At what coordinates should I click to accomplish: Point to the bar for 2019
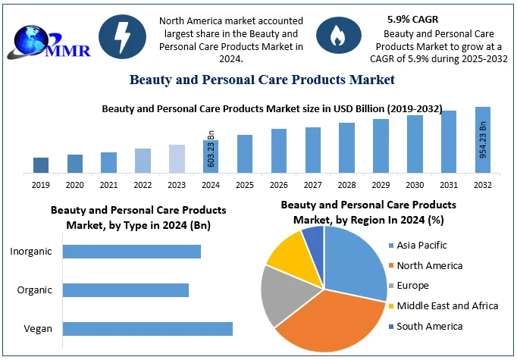41,164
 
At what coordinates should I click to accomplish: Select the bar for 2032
483,139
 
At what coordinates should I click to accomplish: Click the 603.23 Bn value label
211,149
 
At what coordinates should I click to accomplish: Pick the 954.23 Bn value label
483,139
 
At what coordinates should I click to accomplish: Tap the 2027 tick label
312,185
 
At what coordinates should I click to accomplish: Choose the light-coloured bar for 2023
177,158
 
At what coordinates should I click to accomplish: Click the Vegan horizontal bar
147,328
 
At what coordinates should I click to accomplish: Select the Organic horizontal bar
125,290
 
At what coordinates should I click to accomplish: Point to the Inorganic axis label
32,251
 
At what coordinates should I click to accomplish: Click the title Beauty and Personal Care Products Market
262,80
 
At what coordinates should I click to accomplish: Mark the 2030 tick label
415,185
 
